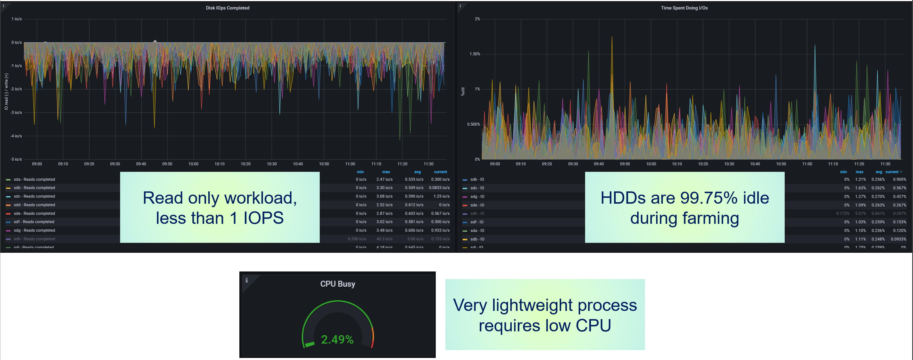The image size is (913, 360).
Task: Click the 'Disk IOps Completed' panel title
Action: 228,8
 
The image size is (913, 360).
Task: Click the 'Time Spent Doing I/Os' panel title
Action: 684,8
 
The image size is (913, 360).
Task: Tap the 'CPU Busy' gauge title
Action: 338,284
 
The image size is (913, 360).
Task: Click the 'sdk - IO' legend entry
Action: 477,179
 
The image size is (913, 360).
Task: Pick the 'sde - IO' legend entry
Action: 477,205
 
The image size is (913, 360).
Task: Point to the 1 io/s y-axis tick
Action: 17,19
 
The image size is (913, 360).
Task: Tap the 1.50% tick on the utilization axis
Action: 475,54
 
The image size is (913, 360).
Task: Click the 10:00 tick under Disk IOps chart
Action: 193,164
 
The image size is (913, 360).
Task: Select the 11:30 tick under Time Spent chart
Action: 885,164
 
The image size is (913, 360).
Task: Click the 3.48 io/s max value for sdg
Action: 384,230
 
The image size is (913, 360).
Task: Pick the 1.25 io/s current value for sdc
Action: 441,196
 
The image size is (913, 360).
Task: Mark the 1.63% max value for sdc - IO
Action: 860,188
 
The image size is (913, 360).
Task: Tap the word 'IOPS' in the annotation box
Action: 263,218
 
